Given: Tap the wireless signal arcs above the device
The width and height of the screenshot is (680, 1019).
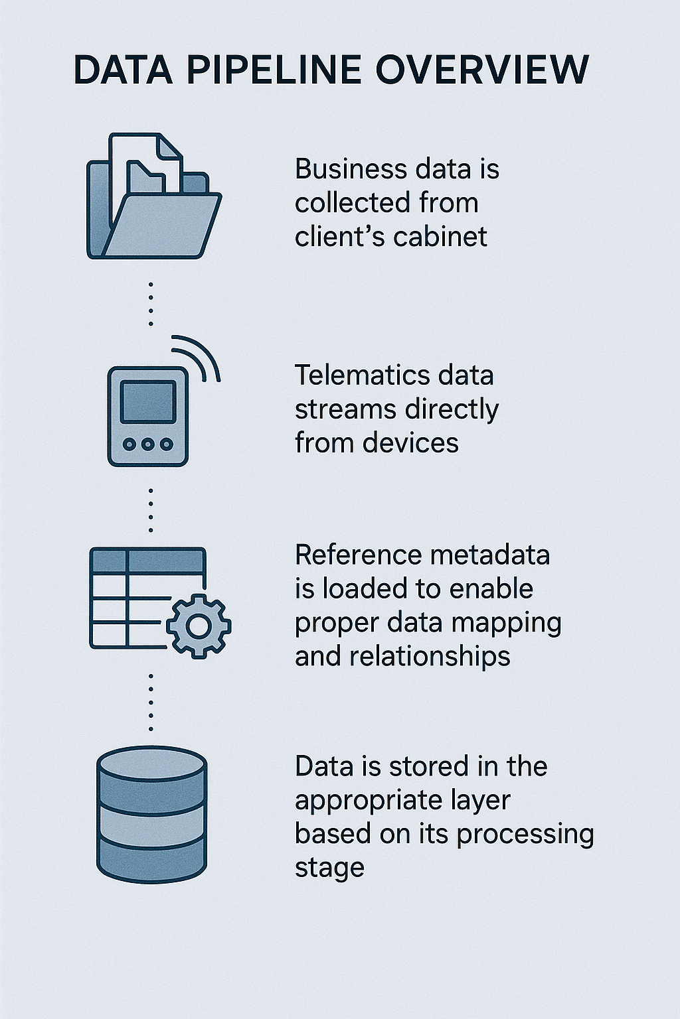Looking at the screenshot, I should tap(198, 357).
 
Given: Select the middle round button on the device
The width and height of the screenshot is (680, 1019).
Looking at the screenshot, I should tap(148, 444).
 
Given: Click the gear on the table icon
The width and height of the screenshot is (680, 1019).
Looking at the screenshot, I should tap(199, 626).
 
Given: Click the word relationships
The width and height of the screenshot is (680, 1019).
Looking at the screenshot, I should tap(430, 656).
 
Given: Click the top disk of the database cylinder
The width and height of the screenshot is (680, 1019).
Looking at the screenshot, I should tap(151, 764).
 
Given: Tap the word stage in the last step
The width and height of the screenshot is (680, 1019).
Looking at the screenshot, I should tap(329, 868).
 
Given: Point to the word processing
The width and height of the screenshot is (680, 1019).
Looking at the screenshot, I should tap(525, 834).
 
